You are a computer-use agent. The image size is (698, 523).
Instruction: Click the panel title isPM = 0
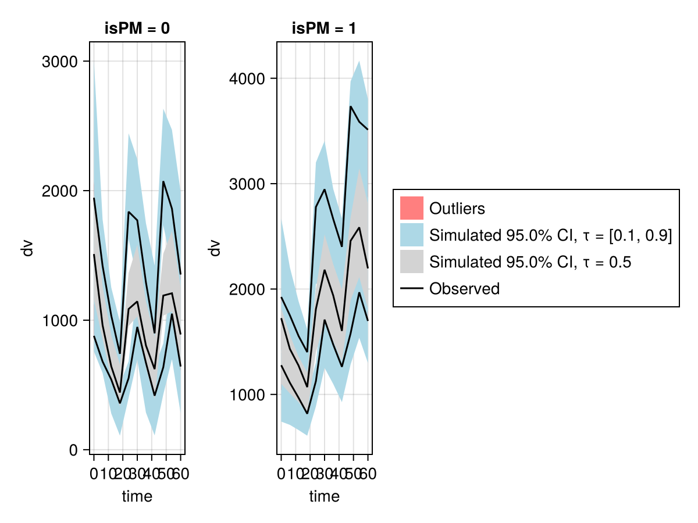coord(137,29)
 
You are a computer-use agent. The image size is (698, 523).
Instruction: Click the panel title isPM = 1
coord(325,29)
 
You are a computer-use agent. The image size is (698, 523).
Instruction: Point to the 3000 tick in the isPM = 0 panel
coord(60,62)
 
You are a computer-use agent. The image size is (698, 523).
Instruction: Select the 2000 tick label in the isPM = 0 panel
coord(60,191)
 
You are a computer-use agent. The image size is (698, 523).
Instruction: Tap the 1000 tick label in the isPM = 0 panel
coord(60,321)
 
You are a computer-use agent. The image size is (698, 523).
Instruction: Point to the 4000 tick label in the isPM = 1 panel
coord(248,78)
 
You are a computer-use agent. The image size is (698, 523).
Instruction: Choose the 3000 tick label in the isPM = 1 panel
coord(248,184)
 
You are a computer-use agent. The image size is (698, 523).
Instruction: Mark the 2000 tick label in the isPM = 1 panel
coord(248,289)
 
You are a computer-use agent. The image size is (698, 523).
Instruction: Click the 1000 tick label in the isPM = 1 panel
coord(248,395)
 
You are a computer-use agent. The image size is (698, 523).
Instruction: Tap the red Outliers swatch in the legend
coord(411,208)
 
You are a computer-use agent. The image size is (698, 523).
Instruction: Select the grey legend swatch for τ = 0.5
coord(411,261)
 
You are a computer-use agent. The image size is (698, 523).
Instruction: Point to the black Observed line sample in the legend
coord(411,288)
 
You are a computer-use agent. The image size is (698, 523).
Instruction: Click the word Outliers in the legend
coord(457,208)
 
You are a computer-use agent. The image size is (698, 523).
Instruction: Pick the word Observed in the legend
coord(464,288)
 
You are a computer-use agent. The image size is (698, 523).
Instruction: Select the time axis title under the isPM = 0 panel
coord(137,497)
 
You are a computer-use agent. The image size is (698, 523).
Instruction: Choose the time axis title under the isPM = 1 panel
coord(325,497)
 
